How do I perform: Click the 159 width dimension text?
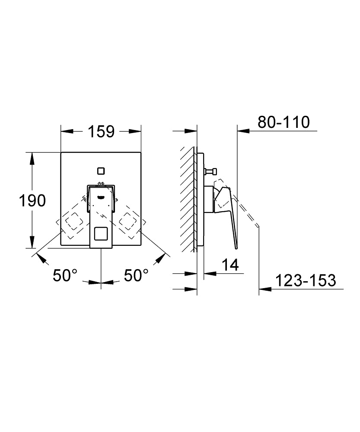(102, 131)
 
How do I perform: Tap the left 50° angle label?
(65, 275)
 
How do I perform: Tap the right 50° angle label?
(136, 275)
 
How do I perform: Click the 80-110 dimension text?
(284, 122)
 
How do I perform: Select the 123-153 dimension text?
(306, 280)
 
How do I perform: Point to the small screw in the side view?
(210, 171)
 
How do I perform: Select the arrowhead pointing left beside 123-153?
(264, 289)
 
